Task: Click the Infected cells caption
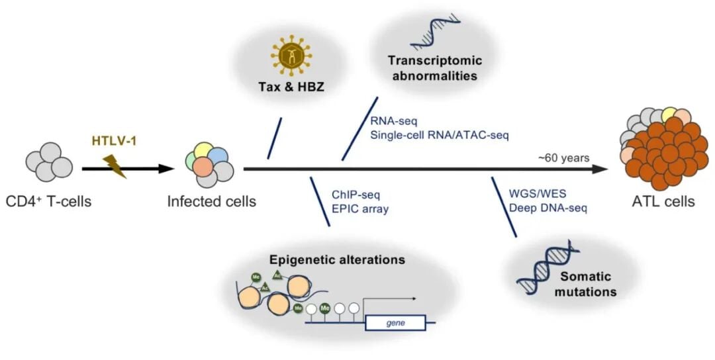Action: pos(211,201)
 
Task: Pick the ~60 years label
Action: pos(564,157)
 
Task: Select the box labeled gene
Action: pos(395,322)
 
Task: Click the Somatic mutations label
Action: pos(591,284)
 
